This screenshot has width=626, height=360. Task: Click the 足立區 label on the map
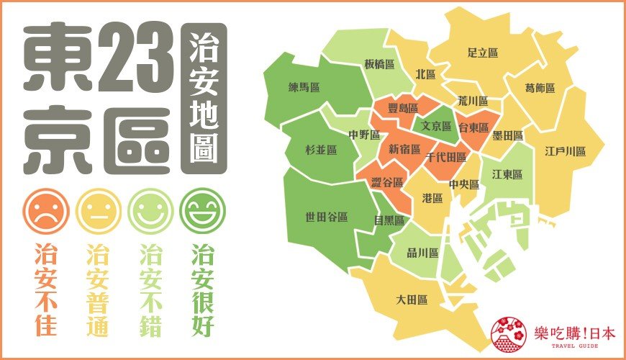[483, 53]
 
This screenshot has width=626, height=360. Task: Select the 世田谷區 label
[327, 216]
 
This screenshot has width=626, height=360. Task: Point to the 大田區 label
[412, 299]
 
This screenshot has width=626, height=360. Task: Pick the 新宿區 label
[404, 150]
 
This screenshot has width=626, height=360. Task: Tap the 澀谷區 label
[387, 183]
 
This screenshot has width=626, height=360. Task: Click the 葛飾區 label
[540, 88]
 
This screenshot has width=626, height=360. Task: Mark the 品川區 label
[423, 253]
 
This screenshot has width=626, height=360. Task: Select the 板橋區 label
[379, 63]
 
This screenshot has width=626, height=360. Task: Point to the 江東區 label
[507, 175]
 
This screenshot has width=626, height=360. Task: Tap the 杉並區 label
[321, 150]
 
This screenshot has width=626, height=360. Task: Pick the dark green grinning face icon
[202, 211]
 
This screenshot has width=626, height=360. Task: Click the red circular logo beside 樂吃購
[508, 333]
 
